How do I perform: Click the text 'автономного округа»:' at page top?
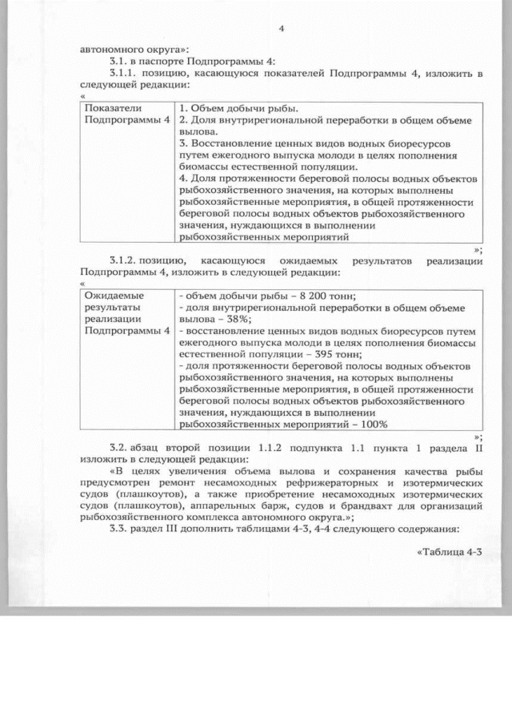click(130, 48)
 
